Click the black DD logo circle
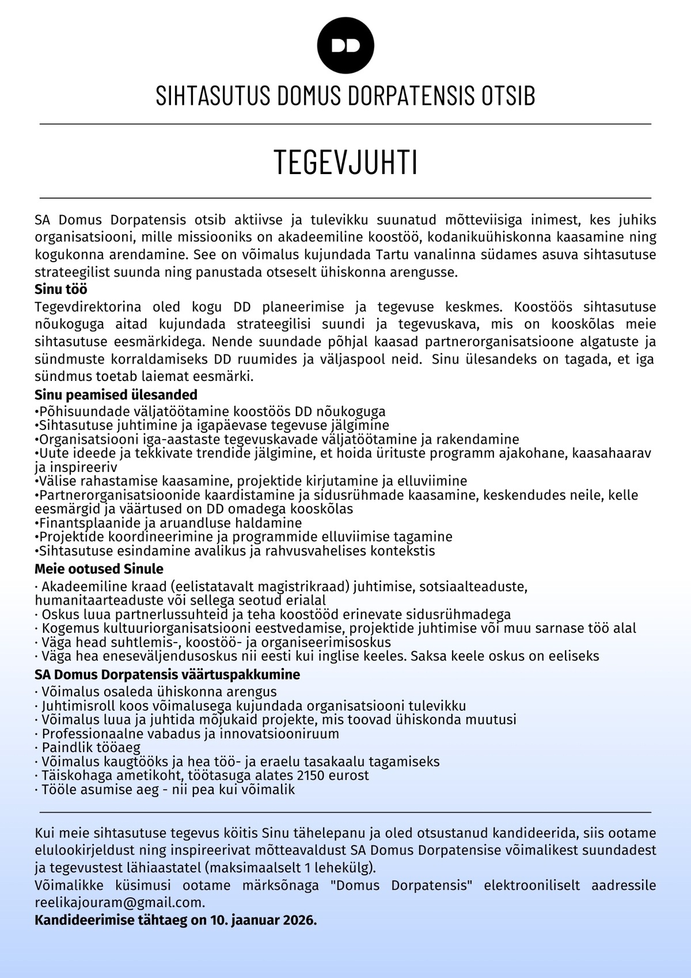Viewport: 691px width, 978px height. click(x=345, y=46)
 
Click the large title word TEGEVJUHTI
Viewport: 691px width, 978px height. click(x=345, y=162)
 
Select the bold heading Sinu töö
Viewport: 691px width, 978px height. click(x=61, y=289)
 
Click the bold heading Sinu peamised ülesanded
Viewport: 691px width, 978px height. click(x=116, y=395)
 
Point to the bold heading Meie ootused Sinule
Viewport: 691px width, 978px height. click(x=99, y=569)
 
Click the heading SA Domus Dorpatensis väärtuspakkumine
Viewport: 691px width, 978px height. click(x=167, y=674)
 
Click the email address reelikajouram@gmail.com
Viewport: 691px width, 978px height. click(x=119, y=903)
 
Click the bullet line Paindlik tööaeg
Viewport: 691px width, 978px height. click(x=90, y=747)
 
